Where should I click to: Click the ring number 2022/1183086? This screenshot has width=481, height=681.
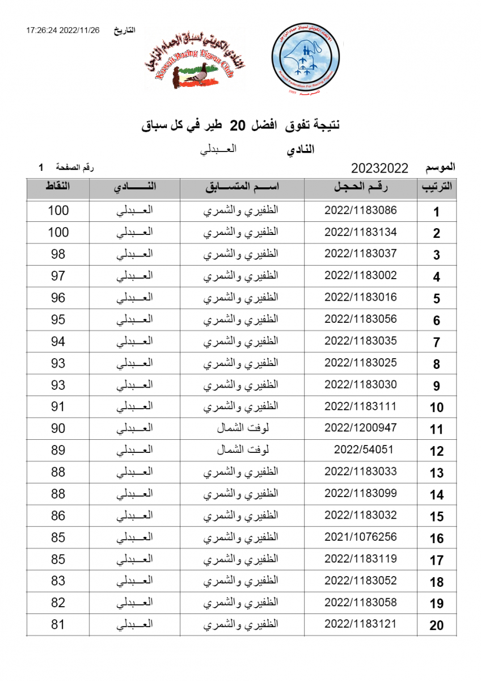coord(361,210)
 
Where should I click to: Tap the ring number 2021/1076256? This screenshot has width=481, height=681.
coord(361,537)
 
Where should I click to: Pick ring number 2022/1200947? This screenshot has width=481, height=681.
coord(361,428)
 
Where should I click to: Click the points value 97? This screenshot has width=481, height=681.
coord(58,276)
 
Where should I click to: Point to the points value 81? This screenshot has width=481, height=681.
coord(58,625)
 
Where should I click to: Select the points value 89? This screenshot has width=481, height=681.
coord(58,450)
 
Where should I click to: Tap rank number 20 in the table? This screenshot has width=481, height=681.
coord(436,626)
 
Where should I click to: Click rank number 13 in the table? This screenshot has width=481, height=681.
coord(436,473)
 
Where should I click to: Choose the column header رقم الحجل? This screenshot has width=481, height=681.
coord(361,188)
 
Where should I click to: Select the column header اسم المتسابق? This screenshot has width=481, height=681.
coord(242,188)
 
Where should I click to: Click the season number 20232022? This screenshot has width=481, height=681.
coord(379,168)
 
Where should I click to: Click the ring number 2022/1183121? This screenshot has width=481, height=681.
coord(361,624)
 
